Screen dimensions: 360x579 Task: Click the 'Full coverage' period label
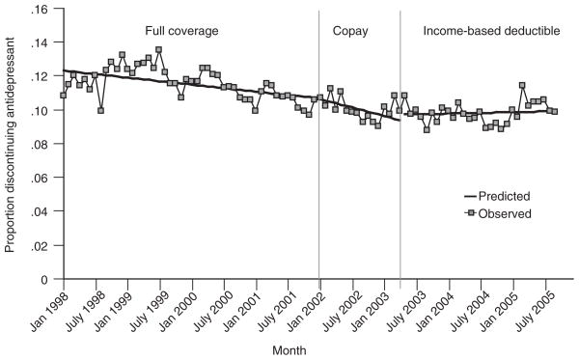pos(181,31)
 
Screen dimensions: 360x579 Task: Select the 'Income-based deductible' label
pos(491,31)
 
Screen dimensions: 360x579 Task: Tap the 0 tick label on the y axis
pos(42,279)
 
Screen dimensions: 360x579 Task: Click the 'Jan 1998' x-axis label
pos(46,311)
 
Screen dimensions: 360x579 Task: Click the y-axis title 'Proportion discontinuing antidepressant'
pos(10,145)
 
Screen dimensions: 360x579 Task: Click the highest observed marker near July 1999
pos(159,50)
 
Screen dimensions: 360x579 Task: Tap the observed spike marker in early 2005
pos(522,86)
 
